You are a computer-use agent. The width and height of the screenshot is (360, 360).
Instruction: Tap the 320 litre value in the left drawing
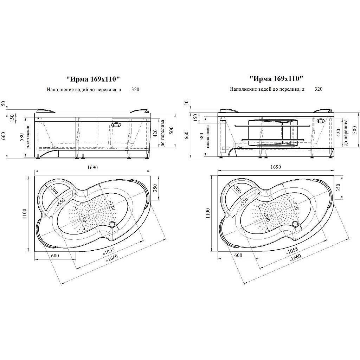coord(135,89)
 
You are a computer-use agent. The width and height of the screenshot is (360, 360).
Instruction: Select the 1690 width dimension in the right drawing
coord(276,167)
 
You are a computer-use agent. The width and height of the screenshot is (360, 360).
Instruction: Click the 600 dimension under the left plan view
coord(54,256)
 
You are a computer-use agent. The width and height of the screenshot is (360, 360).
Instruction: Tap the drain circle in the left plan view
coord(112,224)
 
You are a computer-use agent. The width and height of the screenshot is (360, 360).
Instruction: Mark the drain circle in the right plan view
coord(296,224)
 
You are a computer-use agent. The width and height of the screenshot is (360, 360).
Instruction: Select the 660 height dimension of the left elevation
coord(4,135)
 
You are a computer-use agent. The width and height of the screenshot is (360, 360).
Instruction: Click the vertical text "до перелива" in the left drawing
coord(163,134)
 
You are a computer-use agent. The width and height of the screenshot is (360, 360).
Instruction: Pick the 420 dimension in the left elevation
coord(155,133)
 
